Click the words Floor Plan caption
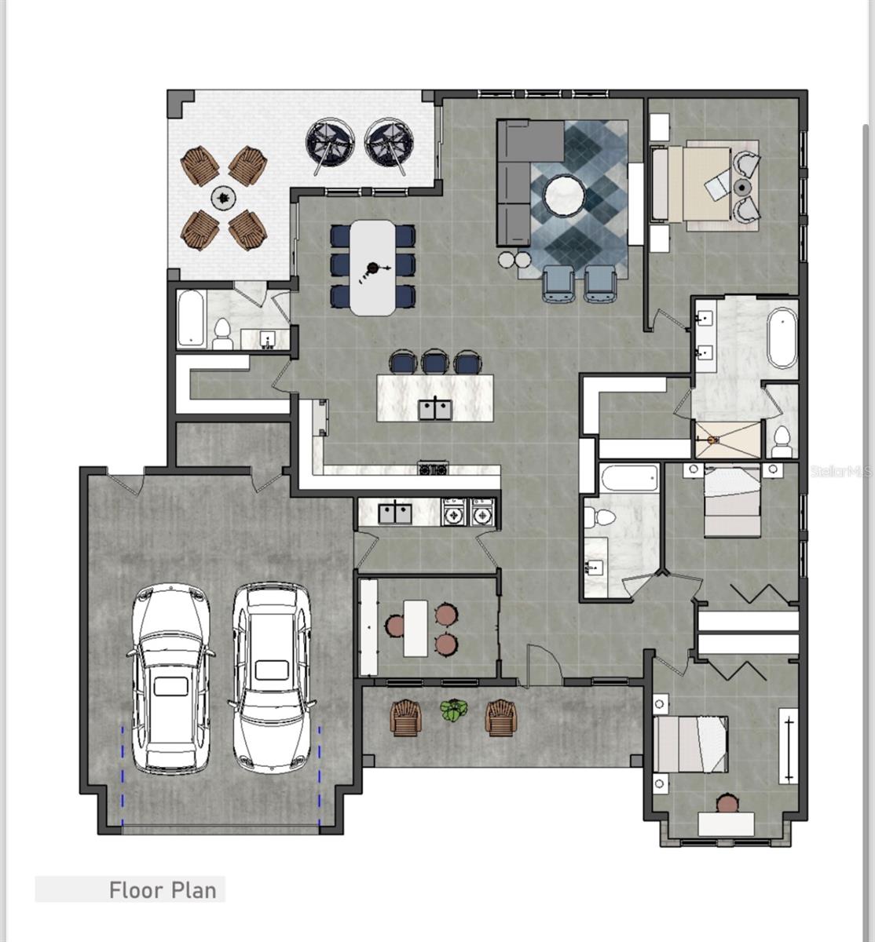(162, 890)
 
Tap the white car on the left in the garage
(170, 679)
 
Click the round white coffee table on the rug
(565, 195)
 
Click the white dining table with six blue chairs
(373, 267)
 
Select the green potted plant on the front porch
(452, 711)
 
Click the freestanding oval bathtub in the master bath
(782, 338)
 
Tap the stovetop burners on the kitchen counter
(433, 469)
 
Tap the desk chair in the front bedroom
(728, 803)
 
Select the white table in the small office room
(416, 628)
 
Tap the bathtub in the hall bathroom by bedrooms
(628, 479)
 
